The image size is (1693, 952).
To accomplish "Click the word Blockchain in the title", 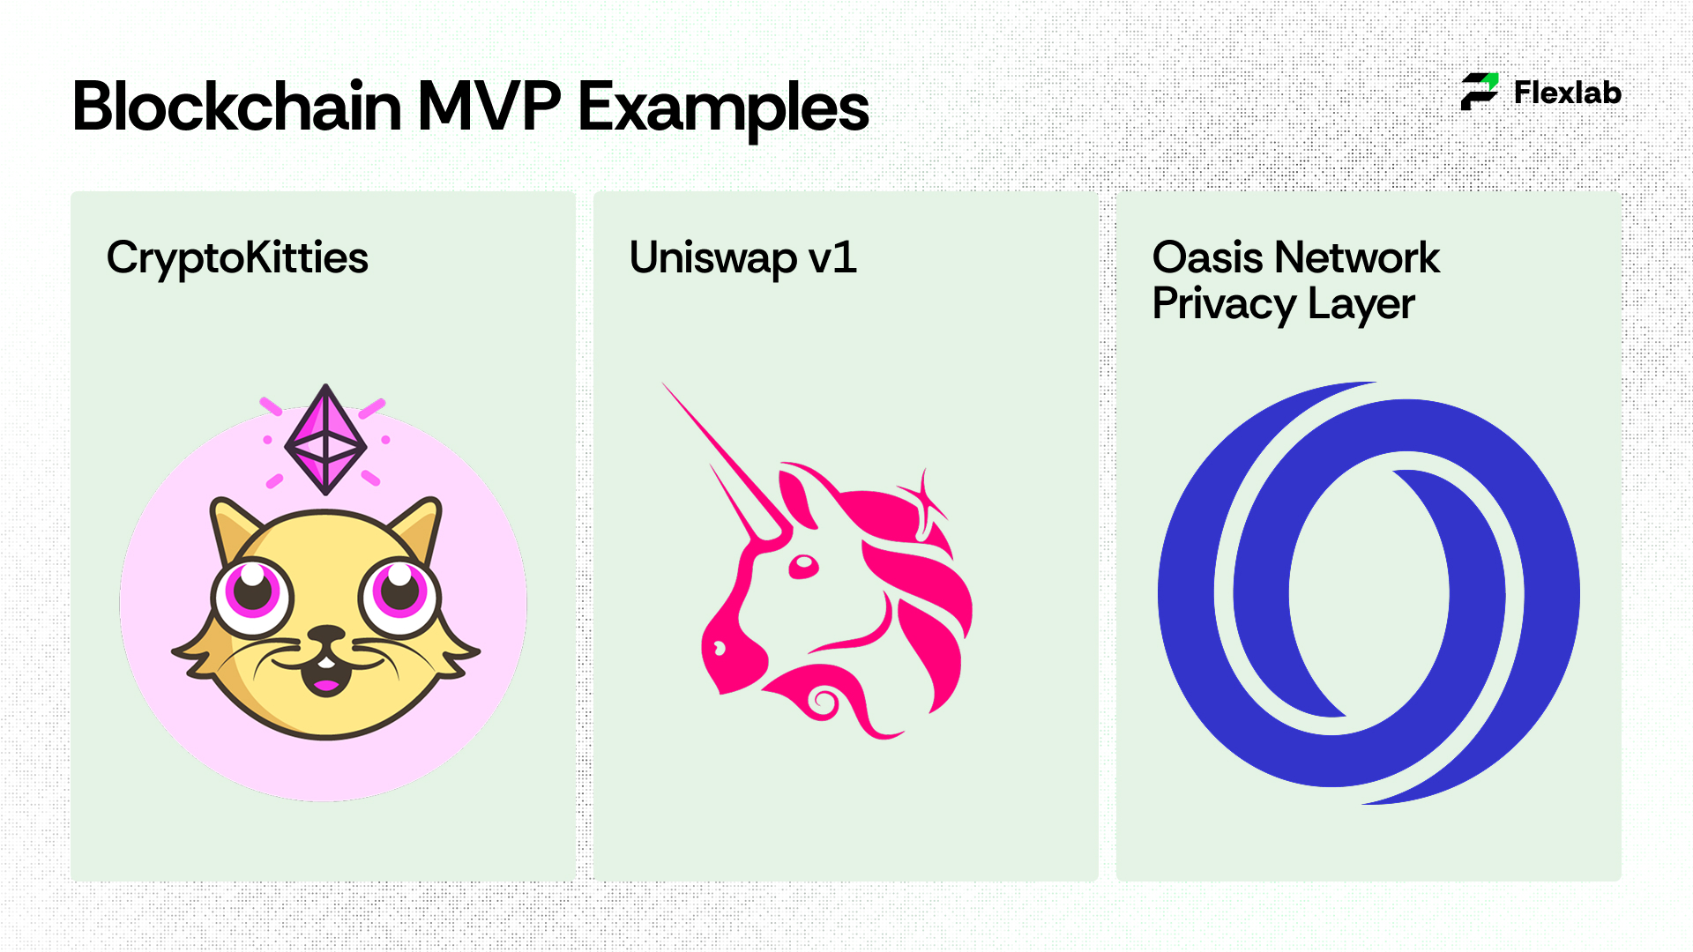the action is point(237,107).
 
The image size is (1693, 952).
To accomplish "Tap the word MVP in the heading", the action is point(489,107).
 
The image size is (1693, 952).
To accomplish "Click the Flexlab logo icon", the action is point(1480,92).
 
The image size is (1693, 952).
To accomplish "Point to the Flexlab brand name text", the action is point(1568,93).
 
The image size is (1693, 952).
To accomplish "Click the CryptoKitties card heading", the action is point(237,259).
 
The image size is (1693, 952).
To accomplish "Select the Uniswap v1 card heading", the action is point(742,258).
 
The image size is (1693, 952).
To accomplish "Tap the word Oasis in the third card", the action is point(1208,257).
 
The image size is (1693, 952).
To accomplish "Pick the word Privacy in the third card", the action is point(1225,305).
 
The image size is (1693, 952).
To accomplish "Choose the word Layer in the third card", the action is point(1361,305).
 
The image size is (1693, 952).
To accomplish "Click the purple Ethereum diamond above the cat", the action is point(325,439).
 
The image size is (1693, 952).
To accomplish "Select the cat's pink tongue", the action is point(326,685).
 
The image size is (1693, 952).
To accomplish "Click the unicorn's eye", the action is point(803,567).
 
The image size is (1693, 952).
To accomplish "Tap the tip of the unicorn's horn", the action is point(663,383).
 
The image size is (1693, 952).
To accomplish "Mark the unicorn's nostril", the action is point(720,650).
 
